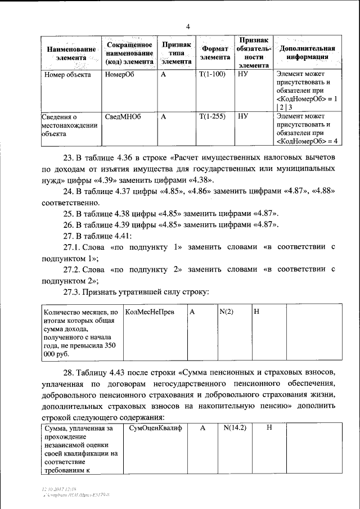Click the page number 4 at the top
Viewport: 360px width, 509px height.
tap(188, 26)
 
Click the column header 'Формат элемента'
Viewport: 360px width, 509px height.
tap(214, 53)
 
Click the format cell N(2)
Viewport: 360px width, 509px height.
tap(227, 311)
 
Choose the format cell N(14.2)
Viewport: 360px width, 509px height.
tap(235, 428)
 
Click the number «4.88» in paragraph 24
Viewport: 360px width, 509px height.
tap(322, 191)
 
